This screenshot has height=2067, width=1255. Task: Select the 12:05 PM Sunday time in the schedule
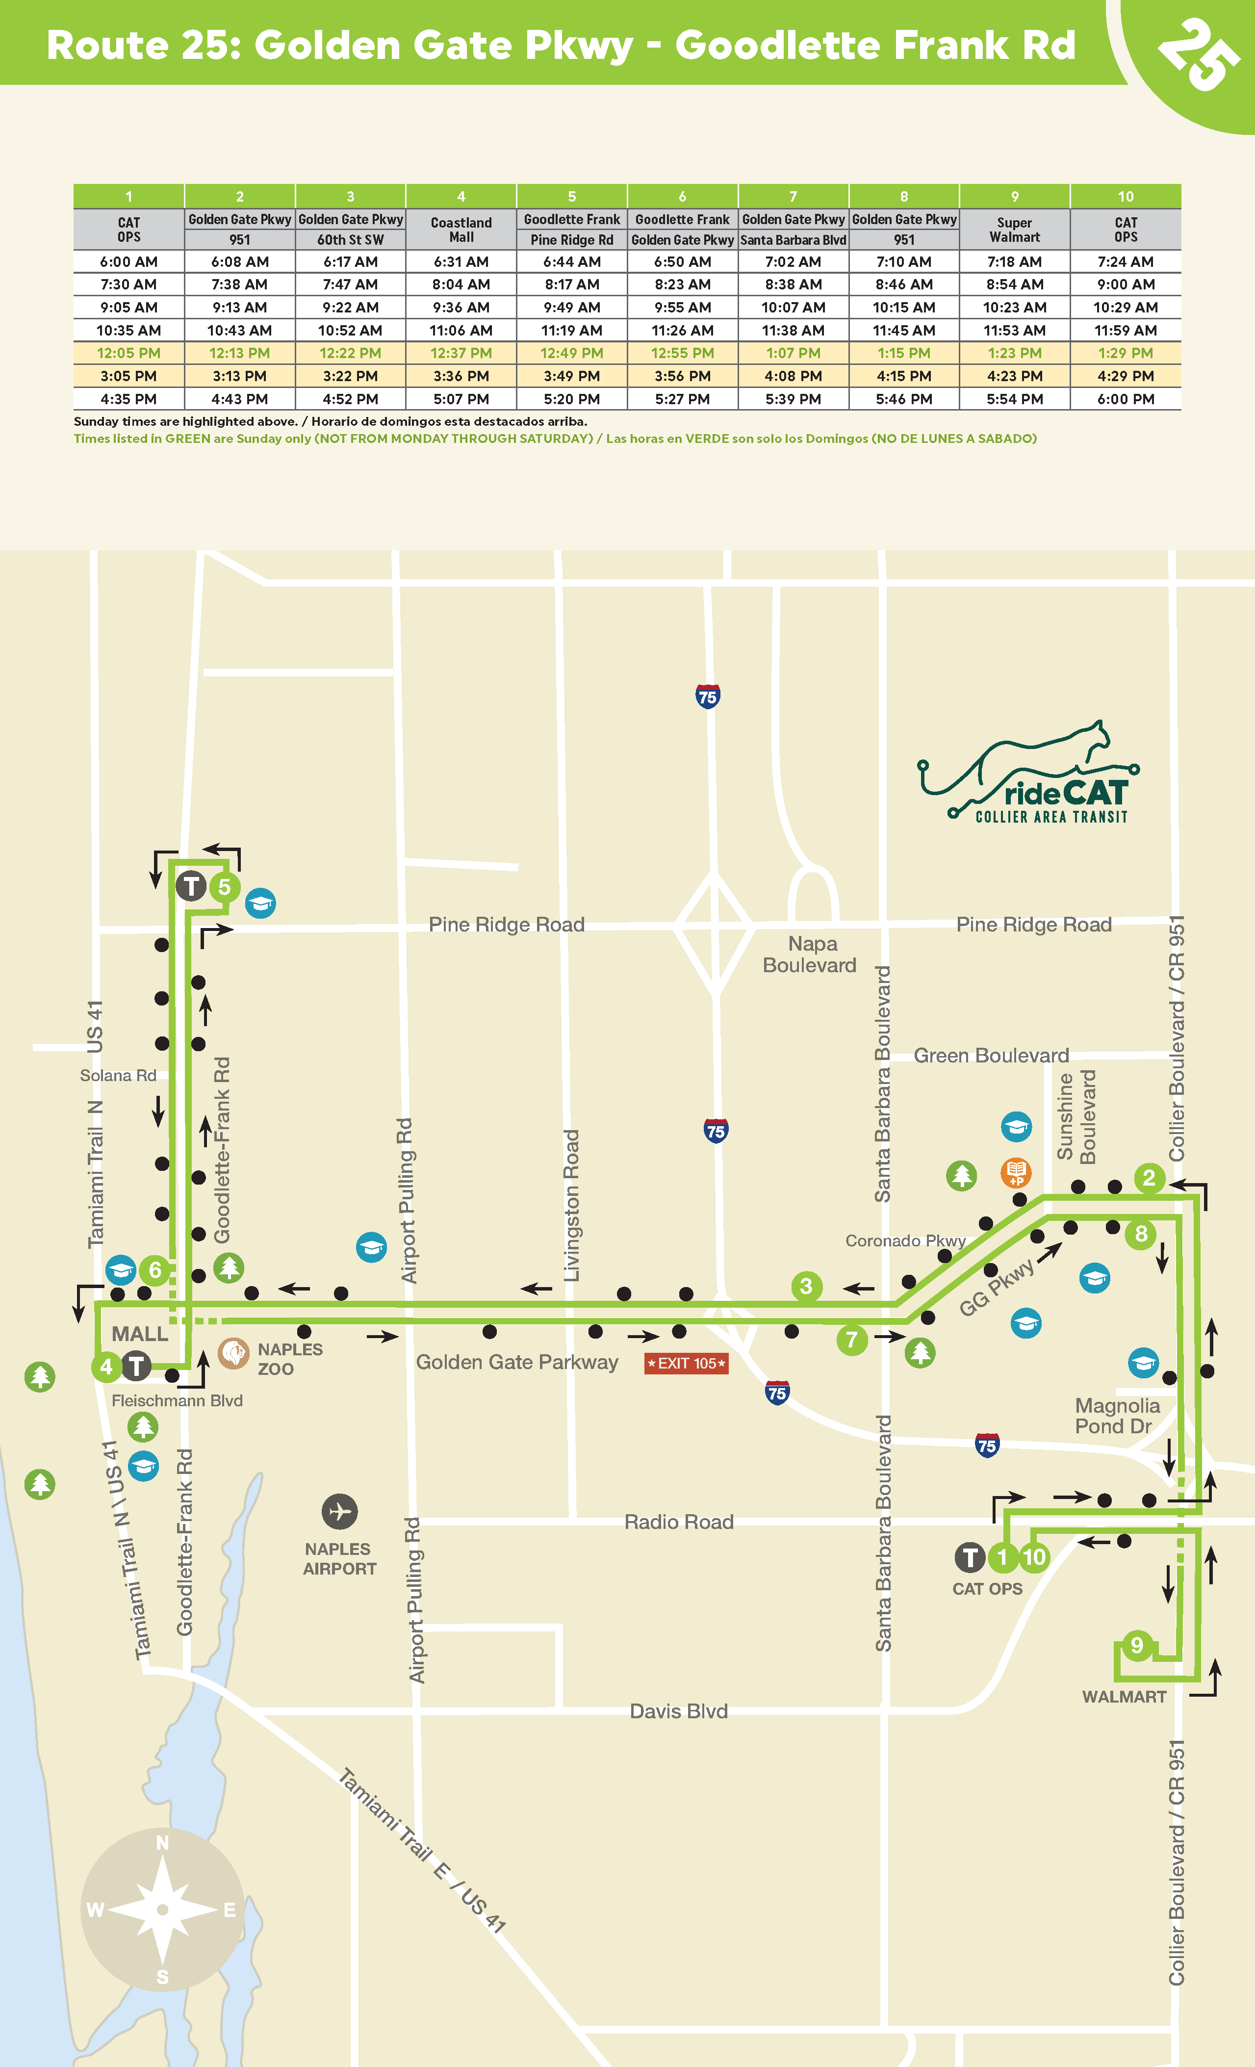(x=128, y=353)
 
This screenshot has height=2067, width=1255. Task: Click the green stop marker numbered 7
(x=851, y=1340)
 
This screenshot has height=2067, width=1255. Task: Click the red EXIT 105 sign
(x=686, y=1363)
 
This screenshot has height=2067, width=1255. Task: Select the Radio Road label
(x=679, y=1522)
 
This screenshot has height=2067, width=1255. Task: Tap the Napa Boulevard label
(x=810, y=955)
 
